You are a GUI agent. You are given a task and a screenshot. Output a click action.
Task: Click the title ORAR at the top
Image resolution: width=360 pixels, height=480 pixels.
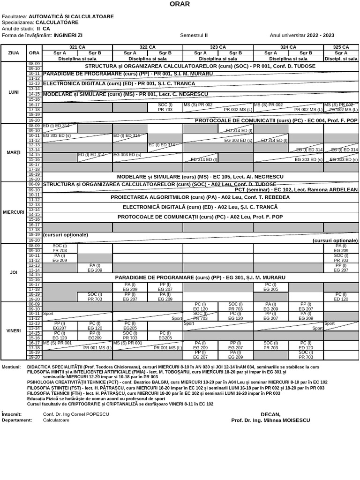tap(180, 5)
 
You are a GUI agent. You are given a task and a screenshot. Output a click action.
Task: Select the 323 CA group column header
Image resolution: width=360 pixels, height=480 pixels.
tap(218, 47)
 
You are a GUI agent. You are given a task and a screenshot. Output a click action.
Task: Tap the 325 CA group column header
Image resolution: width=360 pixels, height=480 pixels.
tap(341, 47)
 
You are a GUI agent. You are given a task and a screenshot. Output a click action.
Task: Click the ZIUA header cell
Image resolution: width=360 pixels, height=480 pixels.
tap(14, 53)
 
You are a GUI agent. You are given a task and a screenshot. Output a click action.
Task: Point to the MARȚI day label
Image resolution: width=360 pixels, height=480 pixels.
tap(14, 153)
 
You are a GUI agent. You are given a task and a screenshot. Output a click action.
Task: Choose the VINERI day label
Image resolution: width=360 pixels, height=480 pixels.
tap(14, 330)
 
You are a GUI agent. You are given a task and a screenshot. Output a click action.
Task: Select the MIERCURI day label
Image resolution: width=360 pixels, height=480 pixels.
tap(14, 212)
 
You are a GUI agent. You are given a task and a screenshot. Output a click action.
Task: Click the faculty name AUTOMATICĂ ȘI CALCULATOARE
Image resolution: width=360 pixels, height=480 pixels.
tap(71, 16)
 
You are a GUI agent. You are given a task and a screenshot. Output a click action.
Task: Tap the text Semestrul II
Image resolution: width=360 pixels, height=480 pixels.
tap(194, 35)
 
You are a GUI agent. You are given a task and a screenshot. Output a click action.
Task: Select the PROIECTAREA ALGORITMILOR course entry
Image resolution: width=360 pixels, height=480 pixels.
tap(200, 197)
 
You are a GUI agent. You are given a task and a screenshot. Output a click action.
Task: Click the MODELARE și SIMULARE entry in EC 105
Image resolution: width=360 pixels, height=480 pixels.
tap(200, 177)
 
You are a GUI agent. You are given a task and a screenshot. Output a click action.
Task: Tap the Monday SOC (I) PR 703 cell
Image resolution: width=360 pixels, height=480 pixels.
tap(165, 107)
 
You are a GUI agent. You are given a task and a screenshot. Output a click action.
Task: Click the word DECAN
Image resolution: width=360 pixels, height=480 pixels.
tap(270, 414)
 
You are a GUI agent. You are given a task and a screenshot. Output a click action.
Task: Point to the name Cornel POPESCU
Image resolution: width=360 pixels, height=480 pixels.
tap(89, 414)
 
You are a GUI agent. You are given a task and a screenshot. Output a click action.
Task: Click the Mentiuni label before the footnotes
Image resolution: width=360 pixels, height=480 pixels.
tap(11, 367)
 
